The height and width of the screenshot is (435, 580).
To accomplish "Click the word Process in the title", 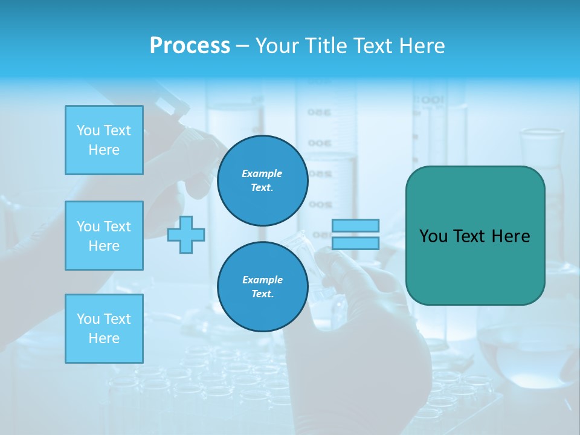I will coord(190,46).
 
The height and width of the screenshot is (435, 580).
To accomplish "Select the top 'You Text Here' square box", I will coord(104,140).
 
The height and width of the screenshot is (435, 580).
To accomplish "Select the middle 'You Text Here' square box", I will coord(104,236).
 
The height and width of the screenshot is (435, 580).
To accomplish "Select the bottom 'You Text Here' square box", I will coord(104,328).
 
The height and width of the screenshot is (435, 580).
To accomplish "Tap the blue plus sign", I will coord(186,235).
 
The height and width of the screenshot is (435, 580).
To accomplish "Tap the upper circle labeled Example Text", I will coord(262,180).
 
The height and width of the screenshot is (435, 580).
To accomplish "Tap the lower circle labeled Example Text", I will coord(262,286).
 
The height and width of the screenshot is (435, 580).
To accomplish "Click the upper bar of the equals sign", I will coord(355,226).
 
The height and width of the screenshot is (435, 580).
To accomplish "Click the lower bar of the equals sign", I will coord(355,243).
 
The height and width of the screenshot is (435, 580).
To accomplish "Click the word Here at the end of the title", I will coord(422,46).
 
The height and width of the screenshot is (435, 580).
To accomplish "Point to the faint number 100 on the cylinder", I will coord(433,100).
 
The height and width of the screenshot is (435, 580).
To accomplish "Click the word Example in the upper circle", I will coord(262,173).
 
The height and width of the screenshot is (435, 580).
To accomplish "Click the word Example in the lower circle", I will coord(262,280).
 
